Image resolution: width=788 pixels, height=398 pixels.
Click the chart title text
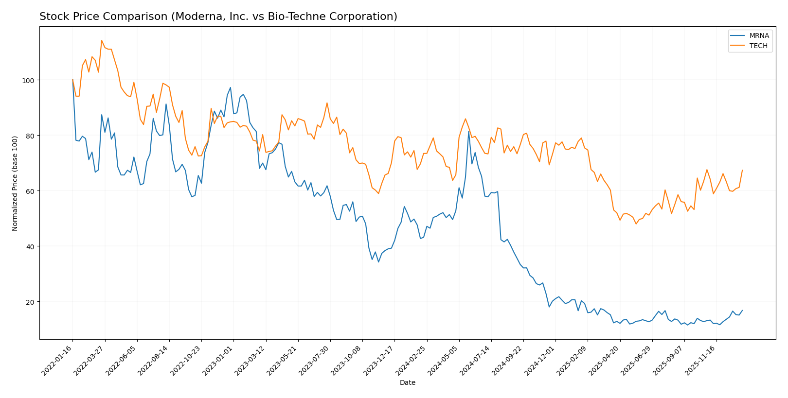218,17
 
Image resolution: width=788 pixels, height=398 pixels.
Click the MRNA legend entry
759,35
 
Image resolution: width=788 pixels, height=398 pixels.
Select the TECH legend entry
758,46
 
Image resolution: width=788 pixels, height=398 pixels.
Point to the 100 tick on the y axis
29,80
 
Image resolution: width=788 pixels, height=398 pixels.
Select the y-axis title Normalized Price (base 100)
15,183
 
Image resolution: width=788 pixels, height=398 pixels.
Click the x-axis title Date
407,383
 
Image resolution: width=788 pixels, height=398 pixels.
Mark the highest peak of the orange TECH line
102,40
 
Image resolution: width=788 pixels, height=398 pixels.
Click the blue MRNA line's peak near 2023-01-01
230,88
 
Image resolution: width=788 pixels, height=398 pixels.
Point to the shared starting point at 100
73,80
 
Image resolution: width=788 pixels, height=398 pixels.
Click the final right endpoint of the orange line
742,170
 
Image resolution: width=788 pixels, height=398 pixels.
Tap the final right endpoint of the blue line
742,310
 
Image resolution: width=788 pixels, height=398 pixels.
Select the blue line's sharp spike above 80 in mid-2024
468,131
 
